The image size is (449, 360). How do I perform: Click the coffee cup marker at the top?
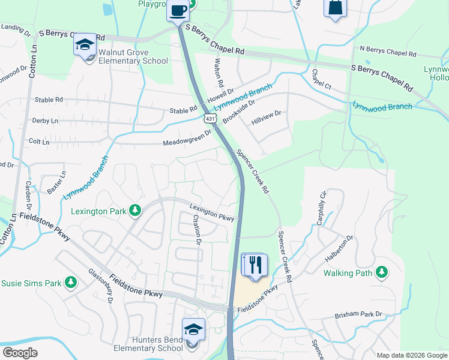(x=178, y=11)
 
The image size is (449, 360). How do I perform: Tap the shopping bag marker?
(x=335, y=8)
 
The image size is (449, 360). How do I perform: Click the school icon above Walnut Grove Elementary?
(x=85, y=44)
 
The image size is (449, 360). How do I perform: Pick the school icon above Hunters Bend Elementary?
(x=193, y=329)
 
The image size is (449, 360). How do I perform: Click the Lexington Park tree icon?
(x=136, y=211)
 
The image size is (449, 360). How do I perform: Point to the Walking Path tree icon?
(x=381, y=273)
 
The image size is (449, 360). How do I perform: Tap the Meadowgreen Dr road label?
(x=188, y=139)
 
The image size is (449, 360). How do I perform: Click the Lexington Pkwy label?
(x=212, y=214)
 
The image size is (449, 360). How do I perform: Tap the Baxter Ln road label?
(x=56, y=183)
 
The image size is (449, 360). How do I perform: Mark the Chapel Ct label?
(x=321, y=80)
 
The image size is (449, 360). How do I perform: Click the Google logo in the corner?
(x=20, y=353)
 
